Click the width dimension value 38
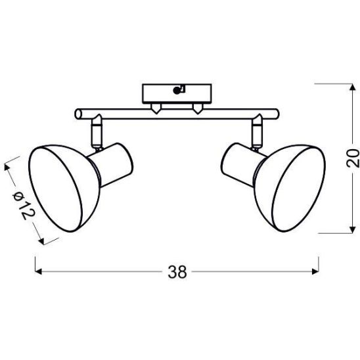pyautogui.click(x=177, y=272)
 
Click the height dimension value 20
pyautogui.click(x=352, y=158)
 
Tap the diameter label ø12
pyautogui.click(x=24, y=205)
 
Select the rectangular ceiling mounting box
pyautogui.click(x=177, y=94)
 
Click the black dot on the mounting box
pyautogui.click(x=176, y=91)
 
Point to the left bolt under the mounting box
pyautogui.click(x=156, y=108)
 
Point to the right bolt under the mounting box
pyautogui.click(x=198, y=108)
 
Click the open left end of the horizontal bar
pyautogui.click(x=78, y=114)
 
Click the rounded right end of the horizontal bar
pyautogui.click(x=276, y=114)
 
